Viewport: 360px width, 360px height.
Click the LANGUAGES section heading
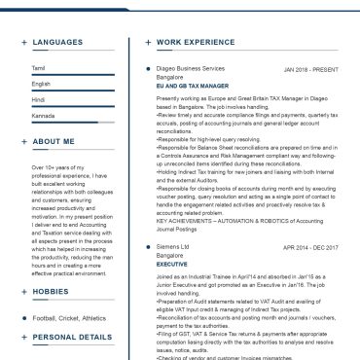(x=59, y=43)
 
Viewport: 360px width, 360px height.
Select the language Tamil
(x=38, y=68)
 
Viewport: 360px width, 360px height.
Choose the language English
(x=41, y=84)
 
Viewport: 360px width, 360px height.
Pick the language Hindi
(x=39, y=99)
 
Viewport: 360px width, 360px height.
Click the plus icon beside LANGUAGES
(x=23, y=43)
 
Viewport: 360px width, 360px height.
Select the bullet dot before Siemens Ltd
(x=146, y=247)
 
